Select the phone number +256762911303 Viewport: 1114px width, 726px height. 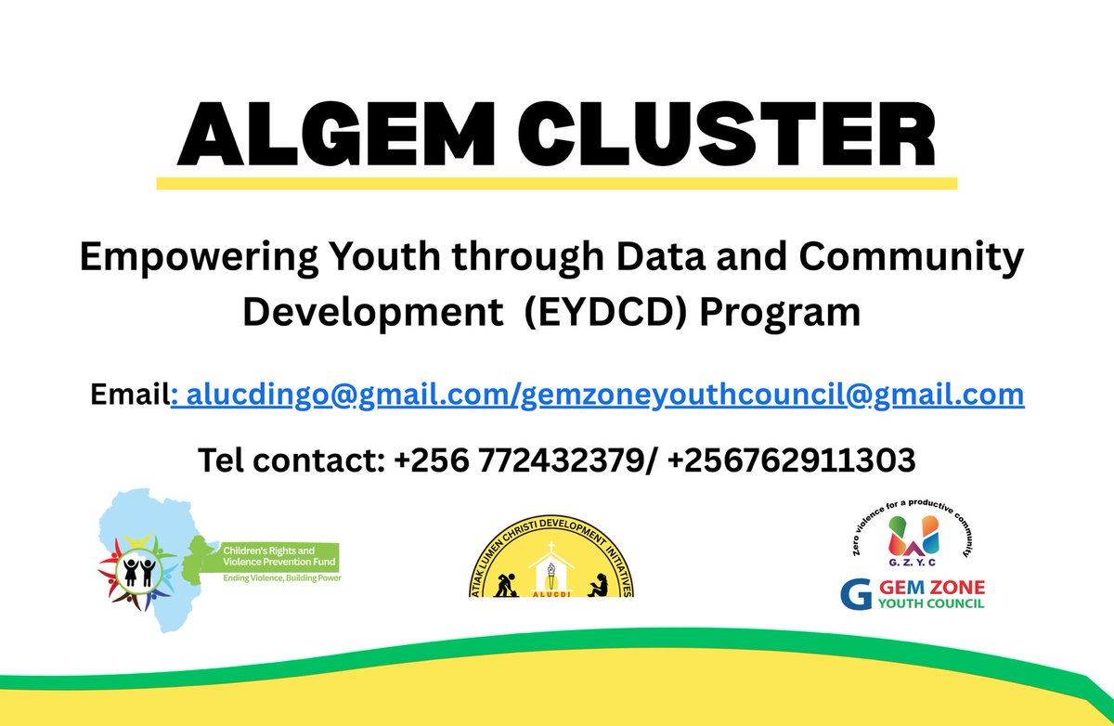790,459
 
